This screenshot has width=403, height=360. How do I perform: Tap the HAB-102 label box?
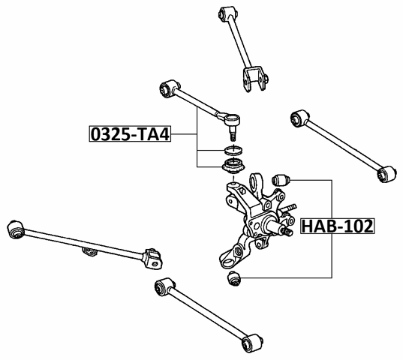(x=337, y=226)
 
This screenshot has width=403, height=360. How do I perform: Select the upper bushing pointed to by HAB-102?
(x=282, y=180)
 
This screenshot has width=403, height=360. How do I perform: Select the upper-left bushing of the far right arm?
(x=298, y=117)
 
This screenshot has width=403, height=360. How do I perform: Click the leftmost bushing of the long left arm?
(x=14, y=228)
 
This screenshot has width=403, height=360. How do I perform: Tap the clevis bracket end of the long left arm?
(x=153, y=259)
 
